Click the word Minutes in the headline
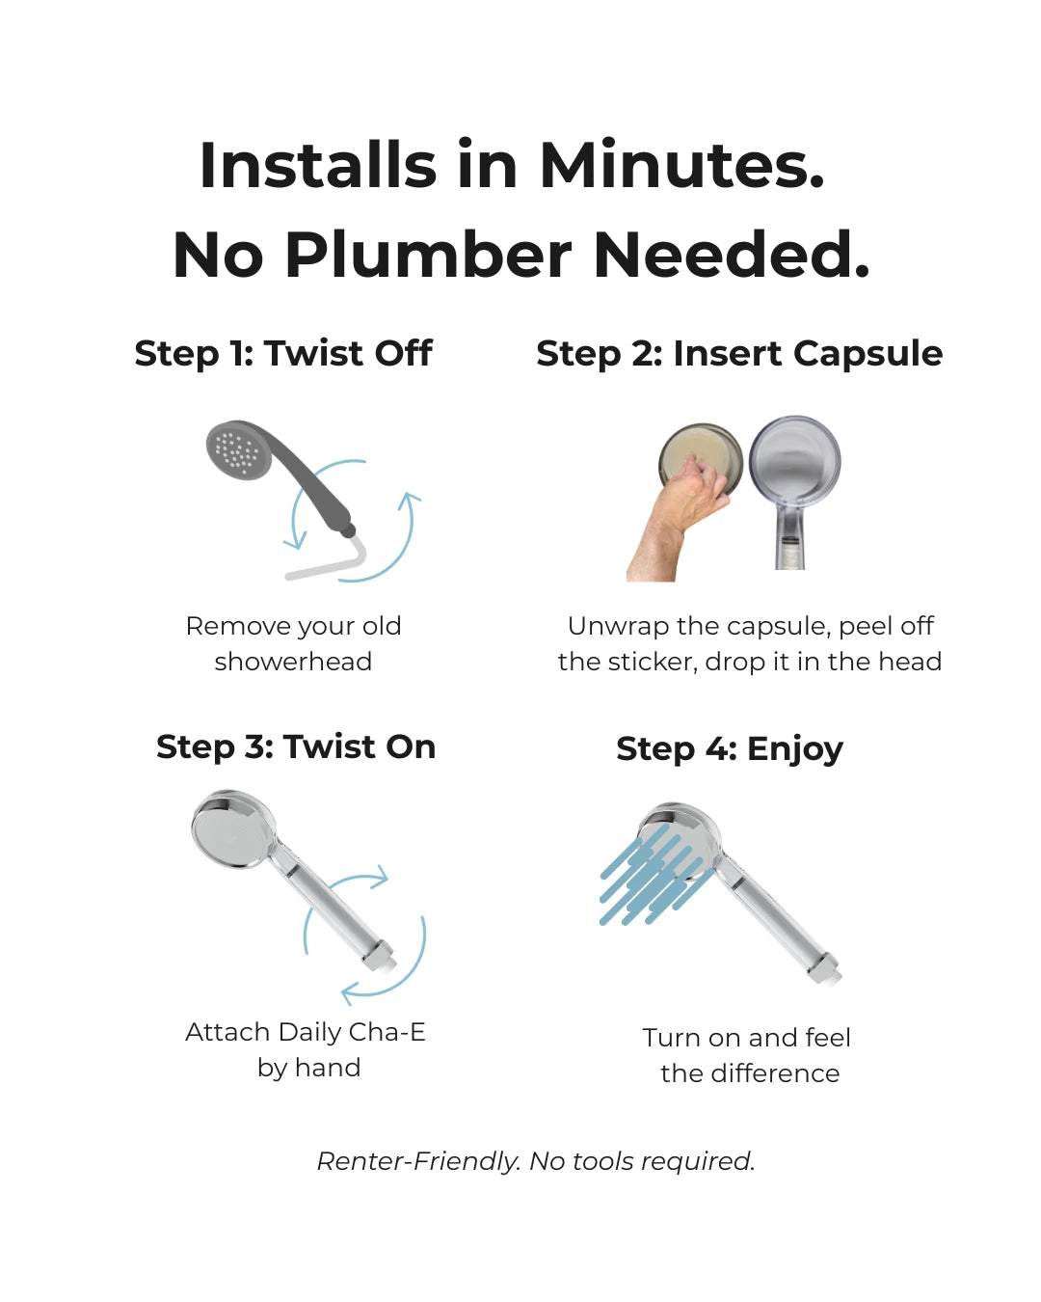pyautogui.click(x=681, y=165)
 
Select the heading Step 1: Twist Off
pyautogui.click(x=283, y=353)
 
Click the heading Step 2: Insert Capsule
pyautogui.click(x=739, y=354)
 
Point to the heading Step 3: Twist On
pyautogui.click(x=296, y=746)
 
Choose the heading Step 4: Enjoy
pyautogui.click(x=730, y=749)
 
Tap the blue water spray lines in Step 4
pyautogui.click(x=654, y=878)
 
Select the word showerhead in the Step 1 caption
pyautogui.click(x=293, y=662)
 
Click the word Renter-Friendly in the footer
pyautogui.click(x=418, y=1161)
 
